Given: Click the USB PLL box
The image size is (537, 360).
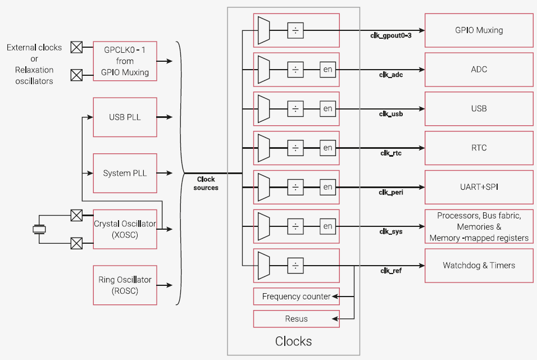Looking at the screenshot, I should pyautogui.click(x=125, y=117).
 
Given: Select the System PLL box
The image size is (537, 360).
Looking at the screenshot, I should pyautogui.click(x=125, y=173).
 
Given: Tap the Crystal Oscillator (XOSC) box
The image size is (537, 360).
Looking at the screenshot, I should pyautogui.click(x=125, y=229).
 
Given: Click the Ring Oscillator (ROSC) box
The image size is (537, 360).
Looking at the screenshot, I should pyautogui.click(x=125, y=285).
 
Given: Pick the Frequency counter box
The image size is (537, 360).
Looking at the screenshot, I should pyautogui.click(x=296, y=297).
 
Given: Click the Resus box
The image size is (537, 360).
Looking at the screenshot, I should pyautogui.click(x=296, y=318).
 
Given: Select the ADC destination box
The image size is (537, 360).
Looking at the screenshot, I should pyautogui.click(x=479, y=70).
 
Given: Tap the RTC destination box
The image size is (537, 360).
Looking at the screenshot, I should pyautogui.click(x=479, y=148).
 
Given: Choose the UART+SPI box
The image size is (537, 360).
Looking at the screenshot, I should pyautogui.click(x=479, y=187).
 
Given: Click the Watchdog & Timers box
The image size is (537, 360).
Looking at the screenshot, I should pyautogui.click(x=479, y=265).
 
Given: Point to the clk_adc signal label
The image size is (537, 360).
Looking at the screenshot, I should pyautogui.click(x=391, y=74).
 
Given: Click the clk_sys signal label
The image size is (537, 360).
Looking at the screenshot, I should pyautogui.click(x=391, y=231).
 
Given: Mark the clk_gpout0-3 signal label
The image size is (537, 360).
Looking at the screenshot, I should pyautogui.click(x=392, y=35).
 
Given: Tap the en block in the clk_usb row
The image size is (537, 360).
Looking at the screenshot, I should pyautogui.click(x=327, y=108).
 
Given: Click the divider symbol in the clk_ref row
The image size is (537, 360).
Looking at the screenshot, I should pyautogui.click(x=295, y=265).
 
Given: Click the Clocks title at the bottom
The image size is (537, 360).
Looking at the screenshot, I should pyautogui.click(x=293, y=341).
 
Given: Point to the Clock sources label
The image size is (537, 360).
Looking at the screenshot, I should pyautogui.click(x=206, y=184).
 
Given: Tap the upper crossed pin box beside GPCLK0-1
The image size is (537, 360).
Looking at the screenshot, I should pyautogui.click(x=76, y=47).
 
